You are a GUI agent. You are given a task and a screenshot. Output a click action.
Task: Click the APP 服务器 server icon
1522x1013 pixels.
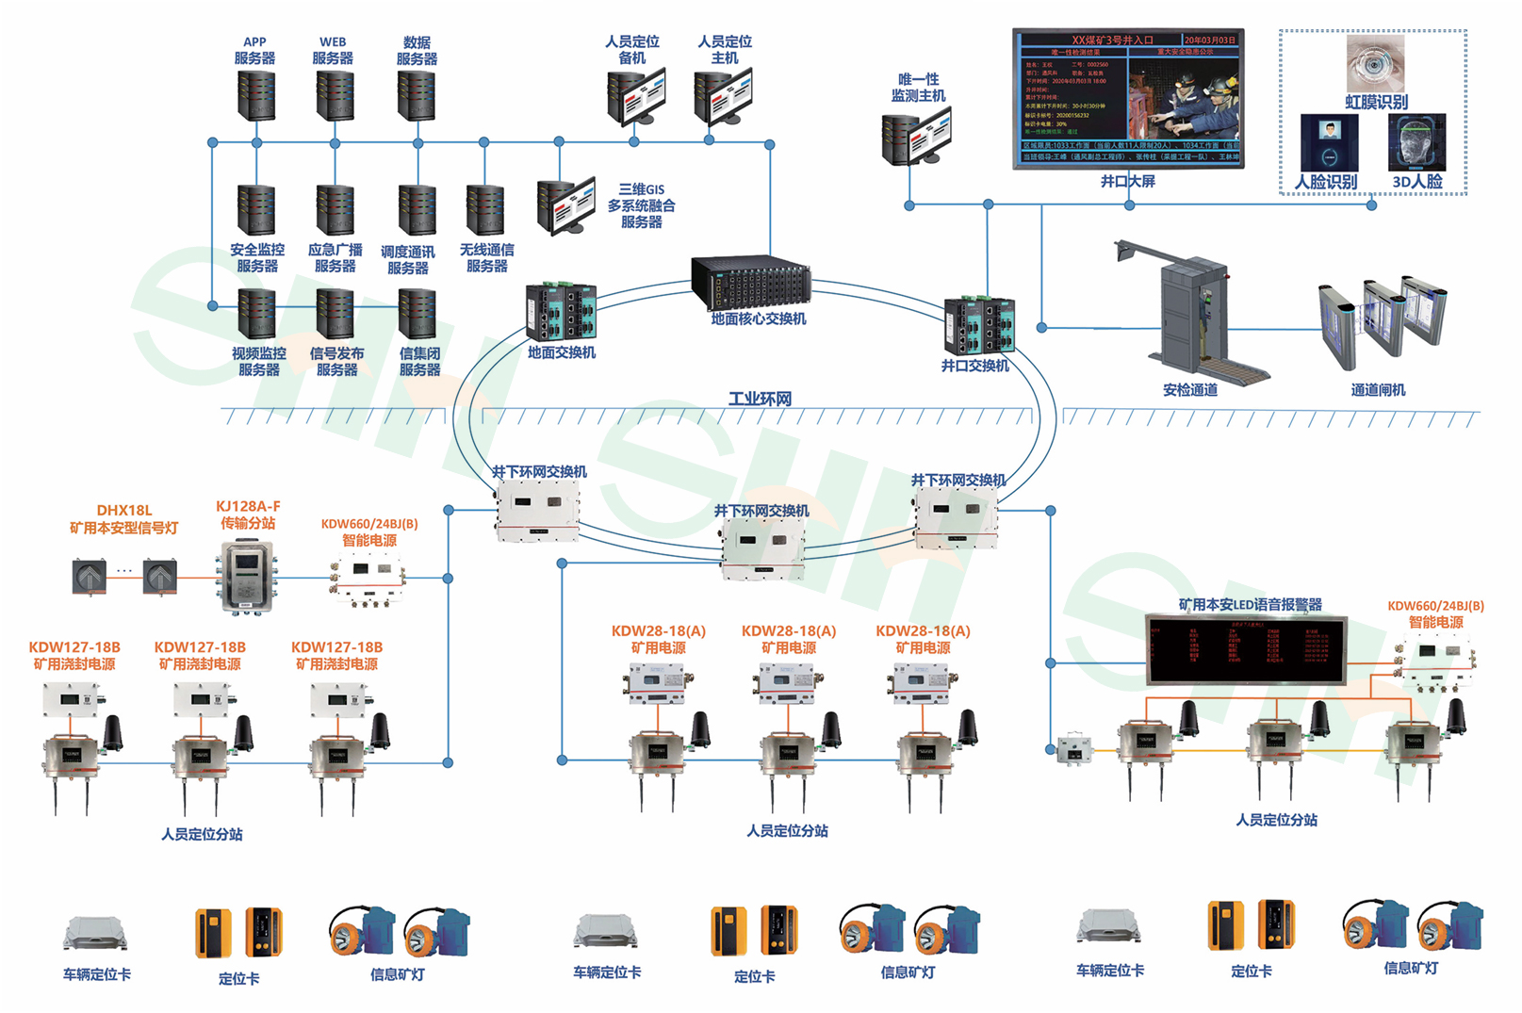click(x=255, y=94)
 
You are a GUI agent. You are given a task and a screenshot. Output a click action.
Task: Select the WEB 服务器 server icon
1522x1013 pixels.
click(x=335, y=94)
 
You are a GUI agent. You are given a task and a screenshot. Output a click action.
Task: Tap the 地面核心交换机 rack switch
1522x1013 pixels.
click(x=751, y=282)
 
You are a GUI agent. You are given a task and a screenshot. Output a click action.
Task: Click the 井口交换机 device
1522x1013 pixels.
click(x=981, y=325)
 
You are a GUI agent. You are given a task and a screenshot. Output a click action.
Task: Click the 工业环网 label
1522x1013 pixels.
click(x=760, y=399)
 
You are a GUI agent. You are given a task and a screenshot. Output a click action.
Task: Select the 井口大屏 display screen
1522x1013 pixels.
click(x=1127, y=99)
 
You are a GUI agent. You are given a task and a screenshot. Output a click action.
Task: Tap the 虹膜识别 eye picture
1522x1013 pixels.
click(x=1375, y=63)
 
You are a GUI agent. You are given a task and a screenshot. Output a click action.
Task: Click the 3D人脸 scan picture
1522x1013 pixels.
click(x=1416, y=143)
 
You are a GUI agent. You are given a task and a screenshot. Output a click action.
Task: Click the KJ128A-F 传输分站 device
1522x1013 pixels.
click(x=247, y=575)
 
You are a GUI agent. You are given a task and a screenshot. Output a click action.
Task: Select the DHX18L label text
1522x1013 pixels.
click(x=123, y=510)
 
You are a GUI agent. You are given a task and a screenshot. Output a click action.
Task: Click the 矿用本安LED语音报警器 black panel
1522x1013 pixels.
click(x=1246, y=649)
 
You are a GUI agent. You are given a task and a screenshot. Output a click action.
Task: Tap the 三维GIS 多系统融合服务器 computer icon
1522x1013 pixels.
click(x=565, y=205)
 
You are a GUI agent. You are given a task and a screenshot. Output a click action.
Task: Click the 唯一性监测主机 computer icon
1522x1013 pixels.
click(x=915, y=136)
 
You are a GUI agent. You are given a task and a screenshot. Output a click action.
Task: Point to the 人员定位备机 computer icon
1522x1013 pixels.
click(x=636, y=96)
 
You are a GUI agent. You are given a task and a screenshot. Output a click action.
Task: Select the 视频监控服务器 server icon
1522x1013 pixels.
click(x=256, y=314)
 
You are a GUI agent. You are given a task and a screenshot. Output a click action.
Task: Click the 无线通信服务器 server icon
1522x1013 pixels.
click(x=485, y=209)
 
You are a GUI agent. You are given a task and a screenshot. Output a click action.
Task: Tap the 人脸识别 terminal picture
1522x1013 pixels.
click(x=1329, y=143)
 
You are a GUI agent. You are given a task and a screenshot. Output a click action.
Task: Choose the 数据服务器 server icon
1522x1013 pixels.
click(x=417, y=94)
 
